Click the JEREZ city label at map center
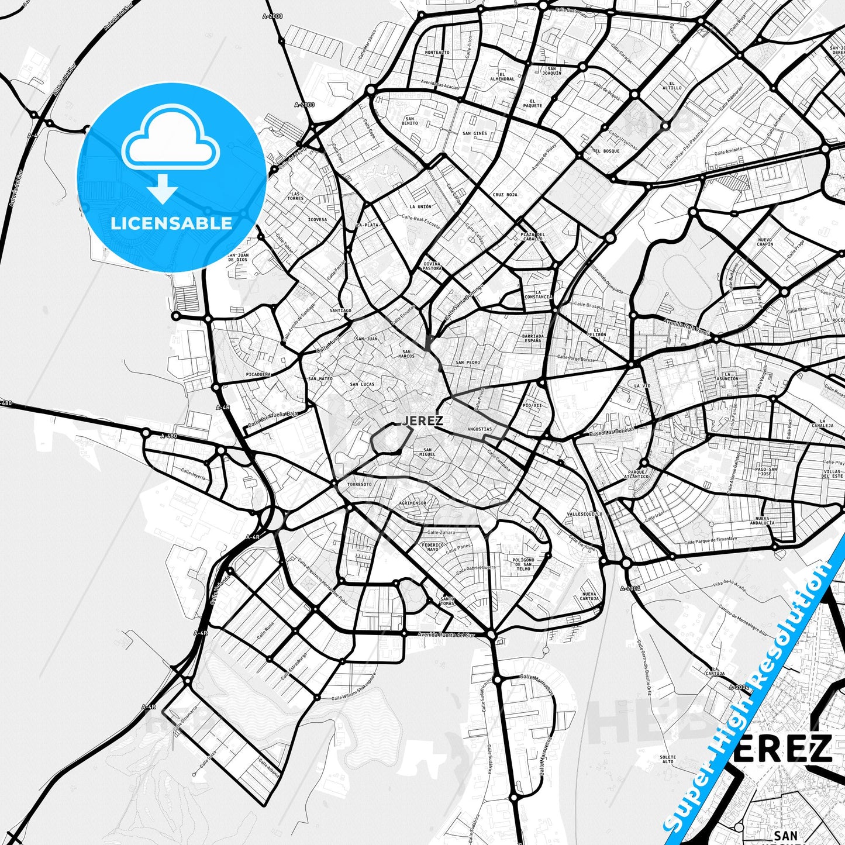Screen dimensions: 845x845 [x=422, y=420]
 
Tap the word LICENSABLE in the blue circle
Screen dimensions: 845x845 [x=171, y=223]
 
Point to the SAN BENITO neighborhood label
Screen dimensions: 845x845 [x=410, y=121]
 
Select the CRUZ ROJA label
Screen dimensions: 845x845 [x=505, y=195]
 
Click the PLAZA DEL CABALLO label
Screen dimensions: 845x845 [x=532, y=236]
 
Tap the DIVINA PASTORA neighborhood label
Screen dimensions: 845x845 [x=432, y=266]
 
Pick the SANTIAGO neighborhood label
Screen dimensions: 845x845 [x=340, y=311]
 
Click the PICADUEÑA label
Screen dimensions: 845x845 [x=258, y=374]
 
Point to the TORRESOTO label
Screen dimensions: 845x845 [x=359, y=484]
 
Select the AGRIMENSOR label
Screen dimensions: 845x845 [x=412, y=503]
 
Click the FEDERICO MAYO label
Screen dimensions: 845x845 [x=432, y=547]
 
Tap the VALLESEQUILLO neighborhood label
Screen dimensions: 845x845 [x=584, y=514]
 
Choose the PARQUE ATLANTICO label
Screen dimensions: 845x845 [x=638, y=474]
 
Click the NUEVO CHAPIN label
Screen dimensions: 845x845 [x=764, y=242]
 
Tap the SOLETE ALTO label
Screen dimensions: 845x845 [x=668, y=759]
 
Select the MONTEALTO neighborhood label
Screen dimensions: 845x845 [x=437, y=53]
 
